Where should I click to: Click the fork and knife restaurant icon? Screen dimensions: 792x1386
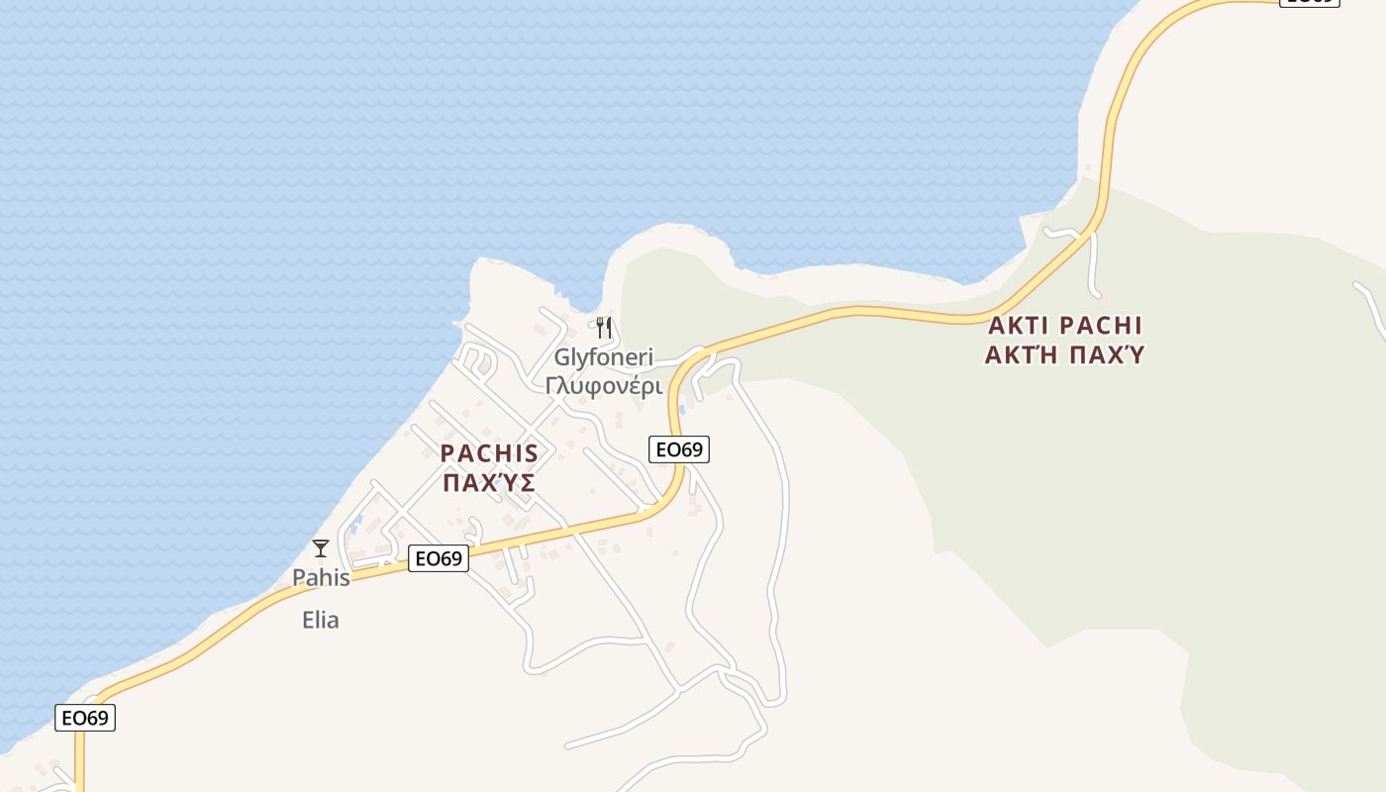pyautogui.click(x=604, y=328)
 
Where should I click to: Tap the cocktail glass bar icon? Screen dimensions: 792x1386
pyautogui.click(x=321, y=548)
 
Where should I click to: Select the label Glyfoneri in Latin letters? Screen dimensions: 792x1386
pyautogui.click(x=603, y=357)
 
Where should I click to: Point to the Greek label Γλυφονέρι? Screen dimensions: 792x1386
pyautogui.click(x=603, y=385)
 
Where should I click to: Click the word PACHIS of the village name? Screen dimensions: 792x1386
pyautogui.click(x=489, y=454)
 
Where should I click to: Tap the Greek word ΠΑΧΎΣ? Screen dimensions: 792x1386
pyautogui.click(x=489, y=483)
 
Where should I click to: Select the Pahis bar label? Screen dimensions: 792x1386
pyautogui.click(x=321, y=577)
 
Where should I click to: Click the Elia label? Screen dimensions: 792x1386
pyautogui.click(x=321, y=621)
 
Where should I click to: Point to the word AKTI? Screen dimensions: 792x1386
pyautogui.click(x=1020, y=326)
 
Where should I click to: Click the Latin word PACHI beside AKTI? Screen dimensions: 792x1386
pyautogui.click(x=1101, y=326)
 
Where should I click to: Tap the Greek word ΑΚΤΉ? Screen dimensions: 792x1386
pyautogui.click(x=1022, y=354)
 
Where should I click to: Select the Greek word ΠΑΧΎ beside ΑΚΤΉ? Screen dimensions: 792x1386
pyautogui.click(x=1104, y=354)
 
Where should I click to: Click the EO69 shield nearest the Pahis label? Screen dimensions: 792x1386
pyautogui.click(x=439, y=559)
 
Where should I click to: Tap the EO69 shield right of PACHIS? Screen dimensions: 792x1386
pyautogui.click(x=679, y=449)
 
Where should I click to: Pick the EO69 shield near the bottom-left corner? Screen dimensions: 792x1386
pyautogui.click(x=85, y=718)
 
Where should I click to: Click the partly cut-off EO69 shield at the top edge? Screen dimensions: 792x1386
pyautogui.click(x=1310, y=3)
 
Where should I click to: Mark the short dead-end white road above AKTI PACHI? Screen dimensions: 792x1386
pyautogui.click(x=1093, y=267)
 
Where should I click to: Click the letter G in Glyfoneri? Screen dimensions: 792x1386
pyautogui.click(x=561, y=357)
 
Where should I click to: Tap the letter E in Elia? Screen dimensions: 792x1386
pyautogui.click(x=308, y=621)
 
